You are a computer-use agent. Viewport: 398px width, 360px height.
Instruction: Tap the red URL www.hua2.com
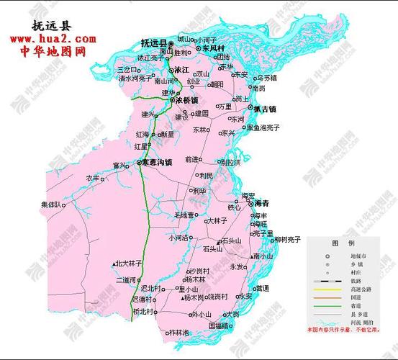click(51, 38)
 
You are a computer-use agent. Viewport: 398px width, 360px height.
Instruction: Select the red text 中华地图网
click(51, 53)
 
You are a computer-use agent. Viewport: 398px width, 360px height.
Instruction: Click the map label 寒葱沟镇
click(156, 163)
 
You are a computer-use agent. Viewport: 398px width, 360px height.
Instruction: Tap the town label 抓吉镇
click(263, 109)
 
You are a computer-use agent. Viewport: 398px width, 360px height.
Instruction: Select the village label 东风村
click(214, 48)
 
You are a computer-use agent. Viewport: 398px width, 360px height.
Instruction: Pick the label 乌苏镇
click(265, 78)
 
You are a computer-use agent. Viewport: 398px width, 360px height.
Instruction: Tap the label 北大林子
click(130, 264)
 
